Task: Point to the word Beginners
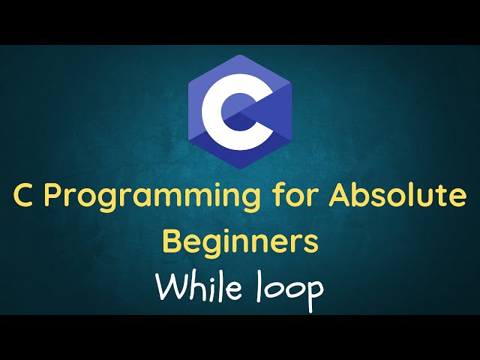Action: [240, 241]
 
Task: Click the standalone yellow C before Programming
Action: [24, 196]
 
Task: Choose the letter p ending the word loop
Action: [315, 292]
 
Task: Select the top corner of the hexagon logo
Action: [240, 55]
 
